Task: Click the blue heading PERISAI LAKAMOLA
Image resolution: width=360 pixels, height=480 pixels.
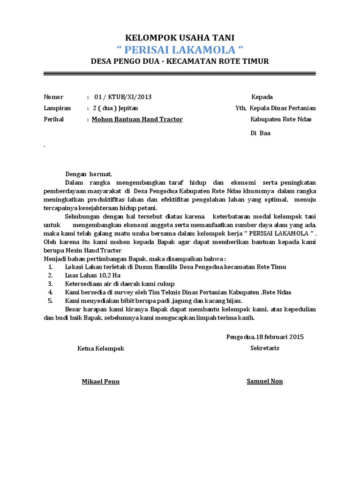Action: pyautogui.click(x=180, y=50)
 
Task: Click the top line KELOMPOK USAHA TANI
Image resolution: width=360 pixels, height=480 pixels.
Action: pyautogui.click(x=180, y=37)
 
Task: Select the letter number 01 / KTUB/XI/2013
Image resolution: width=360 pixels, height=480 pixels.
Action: pyautogui.click(x=123, y=97)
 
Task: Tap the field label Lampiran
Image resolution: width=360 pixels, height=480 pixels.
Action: pyautogui.click(x=57, y=108)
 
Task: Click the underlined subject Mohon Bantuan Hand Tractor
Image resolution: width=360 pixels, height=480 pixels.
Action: pyautogui.click(x=137, y=119)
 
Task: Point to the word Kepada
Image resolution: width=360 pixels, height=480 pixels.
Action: pyautogui.click(x=262, y=97)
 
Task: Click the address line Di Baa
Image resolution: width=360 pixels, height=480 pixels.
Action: pyautogui.click(x=260, y=133)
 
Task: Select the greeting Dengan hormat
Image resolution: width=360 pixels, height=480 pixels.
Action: pyautogui.click(x=89, y=173)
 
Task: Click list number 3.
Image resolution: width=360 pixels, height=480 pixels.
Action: pyautogui.click(x=51, y=284)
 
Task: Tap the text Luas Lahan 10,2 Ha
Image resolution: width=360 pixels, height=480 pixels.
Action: pyautogui.click(x=92, y=275)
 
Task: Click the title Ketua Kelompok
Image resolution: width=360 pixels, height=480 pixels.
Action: pyautogui.click(x=101, y=348)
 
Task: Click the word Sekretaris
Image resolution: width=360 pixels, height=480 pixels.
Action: pyautogui.click(x=265, y=348)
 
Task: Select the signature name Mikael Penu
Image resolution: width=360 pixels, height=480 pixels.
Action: pyautogui.click(x=101, y=382)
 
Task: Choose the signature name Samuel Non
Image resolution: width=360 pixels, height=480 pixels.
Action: pyautogui.click(x=265, y=381)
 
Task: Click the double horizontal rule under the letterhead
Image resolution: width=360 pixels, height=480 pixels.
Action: pyautogui.click(x=180, y=74)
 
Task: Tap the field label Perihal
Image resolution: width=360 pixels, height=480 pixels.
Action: pyautogui.click(x=53, y=119)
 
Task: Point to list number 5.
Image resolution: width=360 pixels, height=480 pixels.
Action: pyautogui.click(x=51, y=300)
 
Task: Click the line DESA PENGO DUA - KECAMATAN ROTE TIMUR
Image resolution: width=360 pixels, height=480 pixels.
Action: pyautogui.click(x=180, y=61)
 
